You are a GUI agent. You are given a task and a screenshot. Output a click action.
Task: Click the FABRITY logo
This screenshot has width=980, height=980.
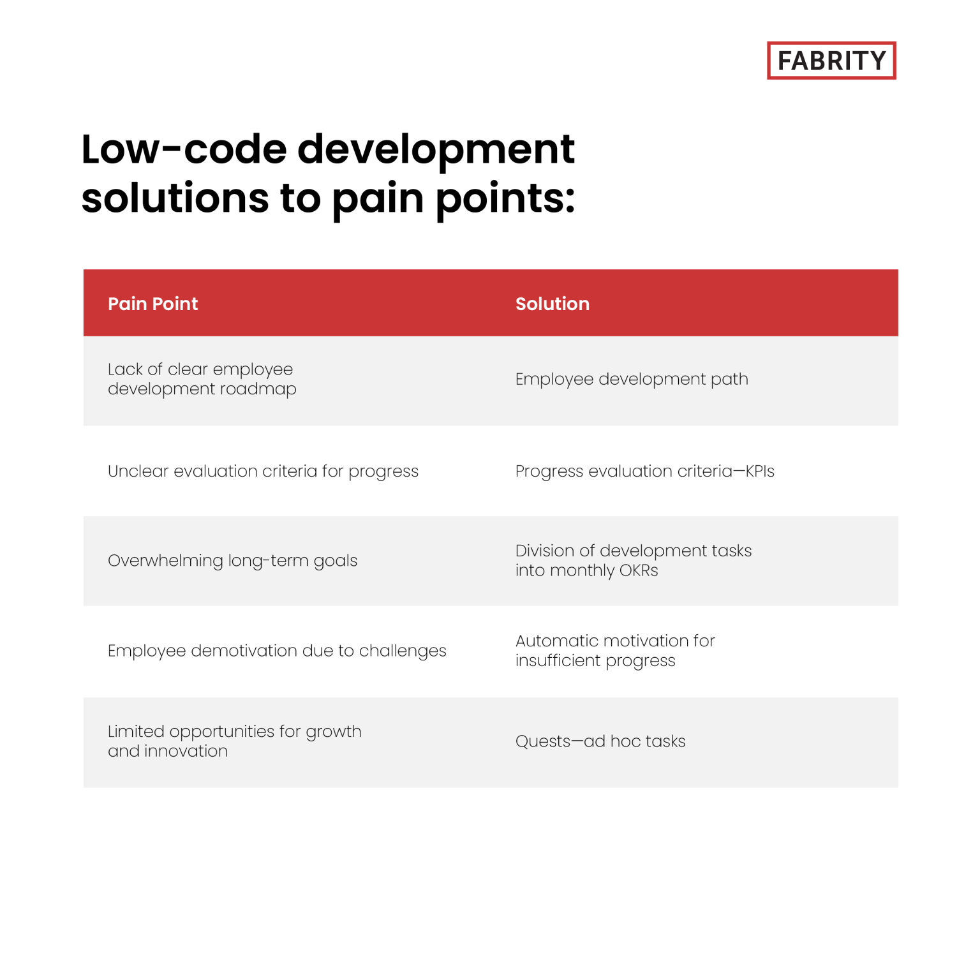(x=831, y=61)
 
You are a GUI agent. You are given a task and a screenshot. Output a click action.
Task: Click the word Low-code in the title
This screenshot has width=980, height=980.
(x=184, y=149)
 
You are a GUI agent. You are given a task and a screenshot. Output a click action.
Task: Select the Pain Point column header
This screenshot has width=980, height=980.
(x=152, y=304)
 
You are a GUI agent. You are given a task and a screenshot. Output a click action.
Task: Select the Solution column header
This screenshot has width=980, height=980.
(x=552, y=304)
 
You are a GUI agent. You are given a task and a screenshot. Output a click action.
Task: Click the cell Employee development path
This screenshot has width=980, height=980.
(x=631, y=379)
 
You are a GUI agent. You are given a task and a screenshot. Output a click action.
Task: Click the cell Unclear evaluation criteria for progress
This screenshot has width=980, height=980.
(x=263, y=471)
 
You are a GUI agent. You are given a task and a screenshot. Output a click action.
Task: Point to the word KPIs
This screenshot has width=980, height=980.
(x=759, y=471)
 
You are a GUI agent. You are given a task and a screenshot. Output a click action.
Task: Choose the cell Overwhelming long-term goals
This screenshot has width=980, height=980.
(x=232, y=561)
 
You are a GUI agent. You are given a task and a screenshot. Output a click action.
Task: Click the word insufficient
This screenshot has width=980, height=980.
(x=558, y=660)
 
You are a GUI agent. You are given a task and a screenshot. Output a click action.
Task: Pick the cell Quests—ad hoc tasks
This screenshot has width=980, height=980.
(x=600, y=741)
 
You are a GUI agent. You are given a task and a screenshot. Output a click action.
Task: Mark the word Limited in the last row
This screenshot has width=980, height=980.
(x=136, y=731)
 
